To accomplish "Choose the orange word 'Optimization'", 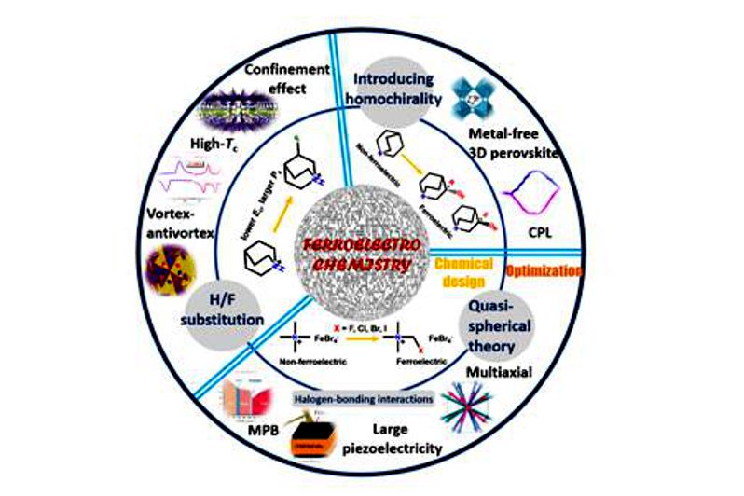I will [x=543, y=271].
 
